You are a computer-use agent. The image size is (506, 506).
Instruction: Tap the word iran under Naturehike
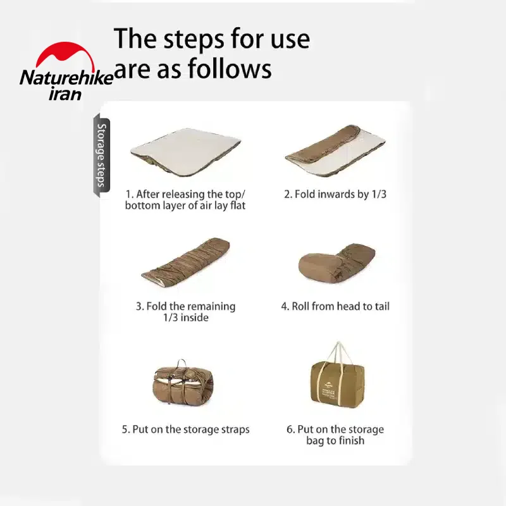click(65, 94)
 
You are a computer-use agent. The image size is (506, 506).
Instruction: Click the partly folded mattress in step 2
click(335, 151)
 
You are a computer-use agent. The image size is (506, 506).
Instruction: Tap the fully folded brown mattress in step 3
click(186, 263)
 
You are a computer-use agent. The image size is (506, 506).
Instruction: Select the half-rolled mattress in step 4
click(336, 264)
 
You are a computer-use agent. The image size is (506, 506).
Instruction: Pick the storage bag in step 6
click(337, 376)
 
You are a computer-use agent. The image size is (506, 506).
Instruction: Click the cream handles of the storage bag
click(338, 355)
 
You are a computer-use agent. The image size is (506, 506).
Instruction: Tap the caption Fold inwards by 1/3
click(335, 194)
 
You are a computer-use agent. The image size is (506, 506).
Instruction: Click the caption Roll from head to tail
click(335, 306)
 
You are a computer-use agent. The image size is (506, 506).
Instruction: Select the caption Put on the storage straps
click(185, 429)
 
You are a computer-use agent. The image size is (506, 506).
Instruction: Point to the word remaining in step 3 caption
click(212, 306)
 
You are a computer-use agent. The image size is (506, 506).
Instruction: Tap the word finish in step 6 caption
click(350, 440)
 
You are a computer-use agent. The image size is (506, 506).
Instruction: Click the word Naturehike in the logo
click(66, 78)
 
